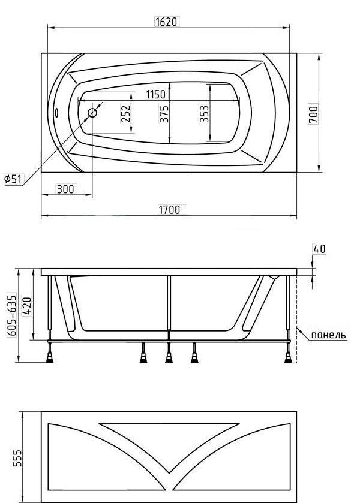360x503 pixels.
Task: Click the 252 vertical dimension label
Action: pos(125,113)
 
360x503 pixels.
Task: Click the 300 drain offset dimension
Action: pos(65,189)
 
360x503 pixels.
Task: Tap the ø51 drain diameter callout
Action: pos(13,179)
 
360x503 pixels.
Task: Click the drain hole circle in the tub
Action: pos(94,112)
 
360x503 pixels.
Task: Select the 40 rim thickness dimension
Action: pos(319,249)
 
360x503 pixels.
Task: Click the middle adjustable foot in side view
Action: pos(169,356)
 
